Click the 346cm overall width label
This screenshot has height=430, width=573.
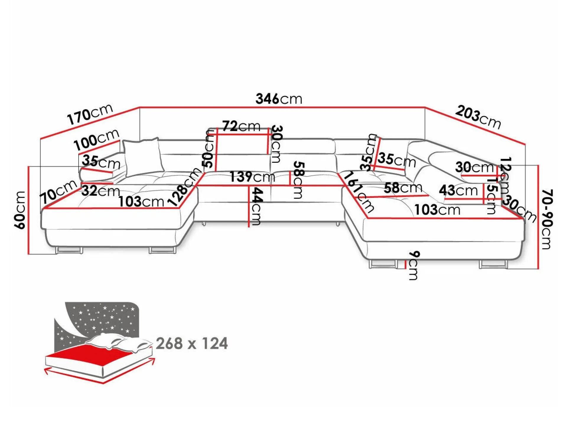click(279, 99)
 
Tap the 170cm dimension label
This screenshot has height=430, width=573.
click(90, 114)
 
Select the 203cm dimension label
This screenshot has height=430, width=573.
click(478, 117)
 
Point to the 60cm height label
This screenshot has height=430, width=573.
click(20, 210)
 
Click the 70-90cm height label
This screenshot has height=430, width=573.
click(547, 219)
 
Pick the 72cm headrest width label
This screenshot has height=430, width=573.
click(241, 126)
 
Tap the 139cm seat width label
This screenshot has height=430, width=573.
click(252, 177)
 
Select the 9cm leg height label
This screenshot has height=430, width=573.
click(414, 265)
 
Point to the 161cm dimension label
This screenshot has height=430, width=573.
click(359, 191)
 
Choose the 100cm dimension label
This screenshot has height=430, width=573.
click(96, 139)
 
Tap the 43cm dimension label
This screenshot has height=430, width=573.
click(458, 190)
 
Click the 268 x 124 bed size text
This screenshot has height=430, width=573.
click(192, 343)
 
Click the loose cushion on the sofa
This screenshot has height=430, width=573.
click(143, 157)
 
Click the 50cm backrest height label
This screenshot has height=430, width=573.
click(209, 149)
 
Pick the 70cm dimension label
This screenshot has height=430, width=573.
click(58, 192)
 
